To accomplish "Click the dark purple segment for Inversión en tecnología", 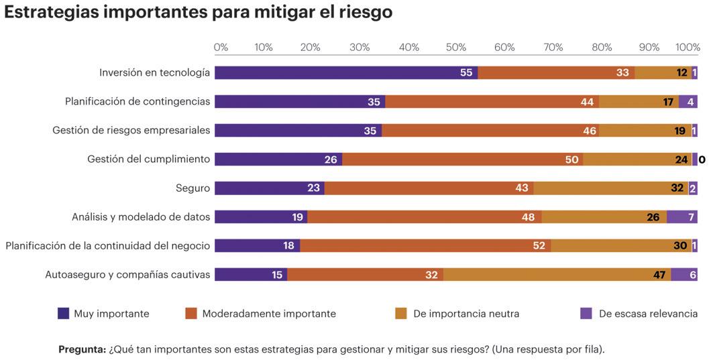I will pos(345,72).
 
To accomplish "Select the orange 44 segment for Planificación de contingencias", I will pos(492,102).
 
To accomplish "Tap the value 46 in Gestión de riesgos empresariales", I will pos(590,131).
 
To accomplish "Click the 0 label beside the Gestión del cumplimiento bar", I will pos(702,160).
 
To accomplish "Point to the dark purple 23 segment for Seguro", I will pos(269,188).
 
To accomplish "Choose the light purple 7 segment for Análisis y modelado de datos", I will pos(681,217).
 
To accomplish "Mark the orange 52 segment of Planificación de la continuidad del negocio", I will pos(425,246).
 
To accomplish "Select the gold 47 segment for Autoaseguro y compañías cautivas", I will pos(557,275).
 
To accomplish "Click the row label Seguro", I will pos(193,188).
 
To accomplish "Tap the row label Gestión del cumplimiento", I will pos(148,160).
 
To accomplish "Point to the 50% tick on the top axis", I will pos(456,48).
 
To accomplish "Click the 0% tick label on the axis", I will pos(221,48).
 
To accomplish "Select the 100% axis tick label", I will pos(688,48).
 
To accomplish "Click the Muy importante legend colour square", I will pos(64,313).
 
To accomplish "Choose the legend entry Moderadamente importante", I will pos(268,314).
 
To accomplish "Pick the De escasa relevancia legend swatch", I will pos(586,313).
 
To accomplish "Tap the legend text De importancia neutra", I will pos(466,314).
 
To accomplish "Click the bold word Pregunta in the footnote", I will pos(82,349).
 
